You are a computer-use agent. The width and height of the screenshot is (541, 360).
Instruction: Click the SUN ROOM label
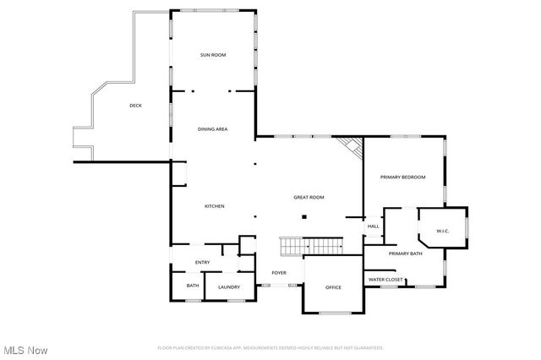pyautogui.click(x=213, y=55)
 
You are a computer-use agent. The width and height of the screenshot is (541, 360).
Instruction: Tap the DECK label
pyautogui.click(x=135, y=106)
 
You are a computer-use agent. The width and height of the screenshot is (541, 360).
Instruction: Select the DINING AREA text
pyautogui.click(x=213, y=129)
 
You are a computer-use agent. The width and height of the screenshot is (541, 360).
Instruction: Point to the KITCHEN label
pyautogui.click(x=214, y=206)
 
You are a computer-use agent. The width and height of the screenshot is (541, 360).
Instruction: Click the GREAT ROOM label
pyautogui.click(x=309, y=197)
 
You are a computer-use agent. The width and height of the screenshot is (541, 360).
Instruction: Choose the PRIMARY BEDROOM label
pyautogui.click(x=402, y=177)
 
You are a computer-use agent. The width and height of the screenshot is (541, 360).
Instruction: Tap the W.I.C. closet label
pyautogui.click(x=442, y=231)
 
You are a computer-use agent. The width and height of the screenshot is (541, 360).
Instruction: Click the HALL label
pyautogui.click(x=373, y=226)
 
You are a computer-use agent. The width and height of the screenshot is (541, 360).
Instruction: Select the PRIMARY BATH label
pyautogui.click(x=405, y=254)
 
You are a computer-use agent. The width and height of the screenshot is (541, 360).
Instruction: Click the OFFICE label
pyautogui.click(x=333, y=287)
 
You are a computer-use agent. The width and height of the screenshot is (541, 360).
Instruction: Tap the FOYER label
pyautogui.click(x=279, y=273)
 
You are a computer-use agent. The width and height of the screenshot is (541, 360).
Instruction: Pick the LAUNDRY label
pyautogui.click(x=228, y=287)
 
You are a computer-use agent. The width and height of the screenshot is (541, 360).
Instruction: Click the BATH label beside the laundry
pyautogui.click(x=193, y=286)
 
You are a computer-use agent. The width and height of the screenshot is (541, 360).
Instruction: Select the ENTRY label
pyautogui.click(x=203, y=262)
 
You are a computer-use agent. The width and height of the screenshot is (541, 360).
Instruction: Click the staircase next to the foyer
pyautogui.click(x=310, y=246)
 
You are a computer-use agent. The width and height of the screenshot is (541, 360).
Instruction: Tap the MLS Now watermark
pyautogui.click(x=25, y=350)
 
